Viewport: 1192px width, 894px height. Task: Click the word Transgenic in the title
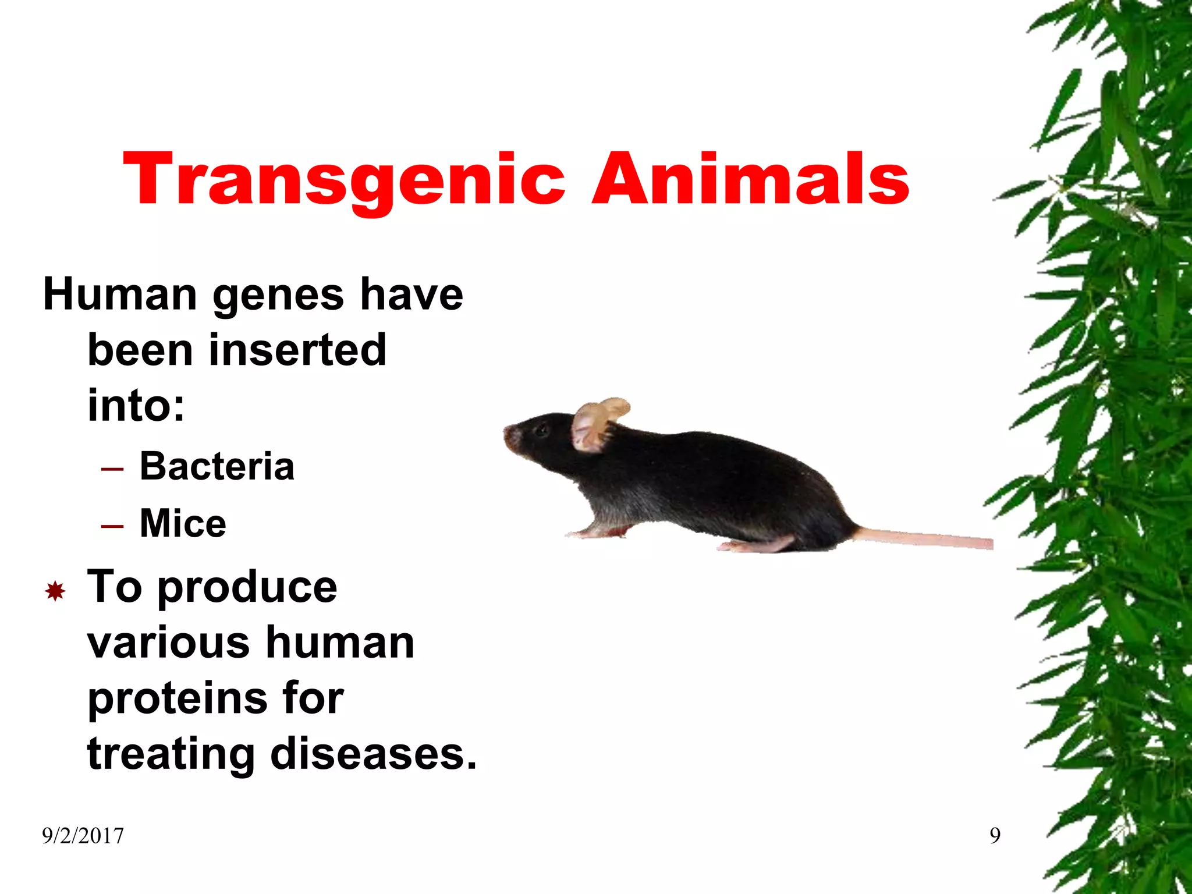click(x=343, y=179)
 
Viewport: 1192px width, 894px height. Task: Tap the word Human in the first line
click(x=120, y=294)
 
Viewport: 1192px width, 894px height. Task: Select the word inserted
click(x=297, y=350)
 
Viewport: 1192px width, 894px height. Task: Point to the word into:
click(x=136, y=405)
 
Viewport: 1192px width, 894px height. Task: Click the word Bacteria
click(x=217, y=466)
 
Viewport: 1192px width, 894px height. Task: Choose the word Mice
click(x=183, y=523)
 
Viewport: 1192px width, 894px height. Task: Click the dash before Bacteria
click(x=112, y=469)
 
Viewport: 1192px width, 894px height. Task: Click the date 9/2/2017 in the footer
click(x=83, y=836)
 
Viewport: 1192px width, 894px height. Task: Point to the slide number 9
click(x=995, y=836)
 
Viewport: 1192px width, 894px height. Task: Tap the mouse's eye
click(x=541, y=430)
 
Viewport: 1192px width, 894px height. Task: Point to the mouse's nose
click(x=508, y=434)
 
